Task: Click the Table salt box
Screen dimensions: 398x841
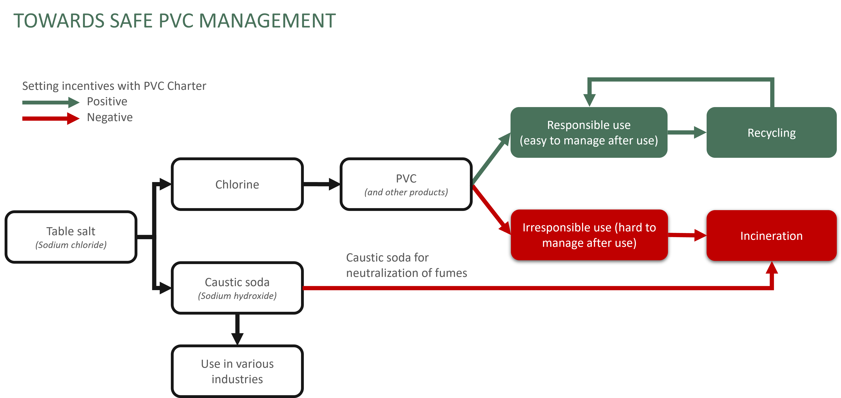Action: click(x=71, y=237)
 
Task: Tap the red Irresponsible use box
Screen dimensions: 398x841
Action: click(x=589, y=235)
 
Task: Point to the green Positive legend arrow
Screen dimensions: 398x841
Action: click(x=51, y=102)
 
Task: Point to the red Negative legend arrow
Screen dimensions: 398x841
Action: click(x=51, y=118)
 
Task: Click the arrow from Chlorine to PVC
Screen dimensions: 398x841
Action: click(x=322, y=184)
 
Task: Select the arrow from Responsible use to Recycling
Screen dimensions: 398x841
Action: click(x=687, y=132)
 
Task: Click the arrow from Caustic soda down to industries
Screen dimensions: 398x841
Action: click(x=237, y=329)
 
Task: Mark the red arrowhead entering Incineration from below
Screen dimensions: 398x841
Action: click(x=772, y=268)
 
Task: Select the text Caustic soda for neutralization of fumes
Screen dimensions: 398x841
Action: click(x=406, y=265)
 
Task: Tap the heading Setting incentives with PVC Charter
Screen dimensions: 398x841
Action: click(x=114, y=86)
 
